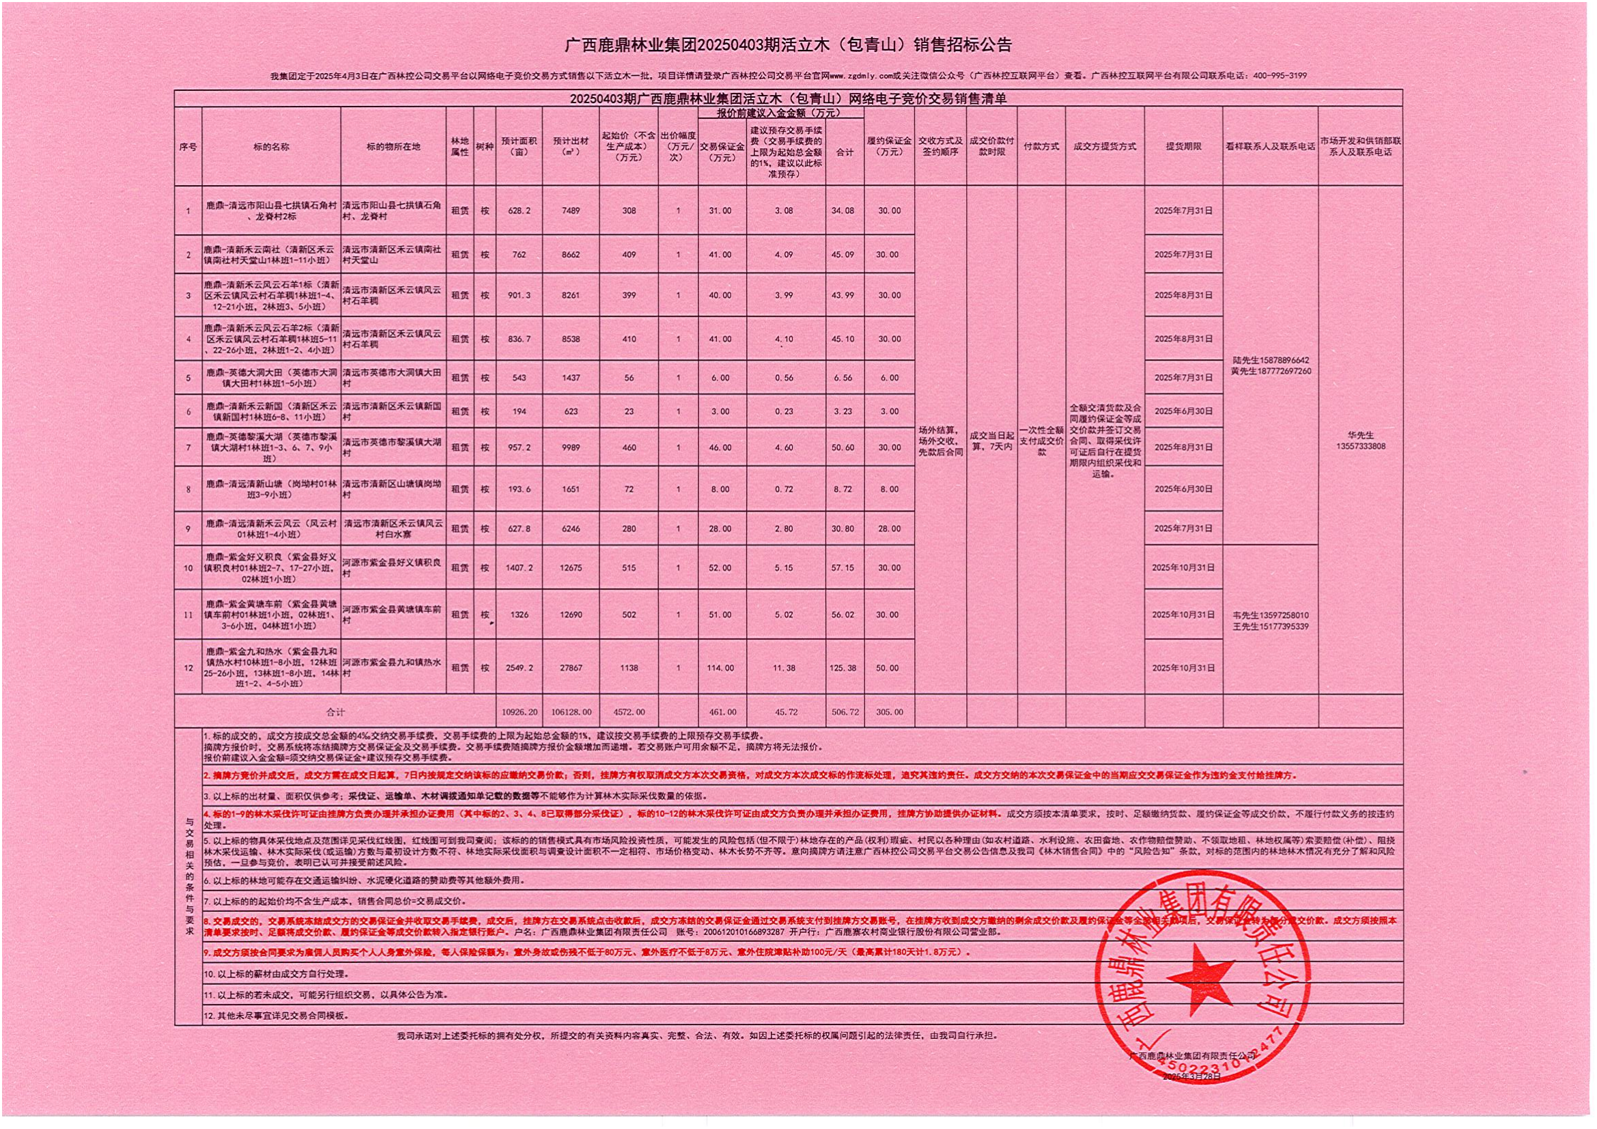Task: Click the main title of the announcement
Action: pyautogui.click(x=788, y=45)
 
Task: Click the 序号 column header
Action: pyautogui.click(x=188, y=147)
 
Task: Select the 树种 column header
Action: pyautogui.click(x=485, y=147)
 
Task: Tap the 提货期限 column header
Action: pyautogui.click(x=1183, y=147)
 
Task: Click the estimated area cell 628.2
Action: pyautogui.click(x=519, y=211)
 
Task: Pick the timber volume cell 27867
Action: pyautogui.click(x=570, y=668)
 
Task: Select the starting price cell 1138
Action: pyautogui.click(x=629, y=668)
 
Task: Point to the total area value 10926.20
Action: pyautogui.click(x=519, y=712)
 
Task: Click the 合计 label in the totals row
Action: pyautogui.click(x=335, y=712)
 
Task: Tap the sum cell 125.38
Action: pyautogui.click(x=843, y=668)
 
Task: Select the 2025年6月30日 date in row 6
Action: pyautogui.click(x=1183, y=411)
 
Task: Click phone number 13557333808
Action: pyautogui.click(x=1360, y=447)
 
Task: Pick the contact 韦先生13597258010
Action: pyautogui.click(x=1270, y=615)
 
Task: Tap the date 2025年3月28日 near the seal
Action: pyautogui.click(x=1191, y=1076)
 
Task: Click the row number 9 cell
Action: pyautogui.click(x=188, y=529)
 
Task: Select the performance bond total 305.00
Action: pyautogui.click(x=889, y=712)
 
